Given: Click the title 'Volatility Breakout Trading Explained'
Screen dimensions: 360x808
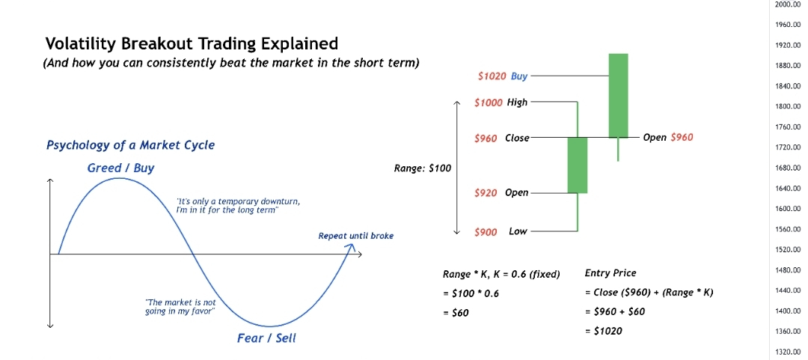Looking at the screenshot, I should coord(192,43).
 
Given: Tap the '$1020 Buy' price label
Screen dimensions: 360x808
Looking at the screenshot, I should coord(503,76).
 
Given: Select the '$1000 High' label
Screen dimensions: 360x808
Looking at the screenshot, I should coord(501,102).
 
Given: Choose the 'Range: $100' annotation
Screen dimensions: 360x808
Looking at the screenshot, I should coord(422,168).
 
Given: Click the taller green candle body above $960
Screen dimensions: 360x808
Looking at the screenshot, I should coord(618,95).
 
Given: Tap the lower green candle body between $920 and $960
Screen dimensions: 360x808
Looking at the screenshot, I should coord(577,165).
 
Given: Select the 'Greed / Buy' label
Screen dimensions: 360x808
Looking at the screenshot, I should coord(120,168).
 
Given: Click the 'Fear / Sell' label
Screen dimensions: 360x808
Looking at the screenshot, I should coord(266,338).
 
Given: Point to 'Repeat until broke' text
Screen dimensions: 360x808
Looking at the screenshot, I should coord(355,237).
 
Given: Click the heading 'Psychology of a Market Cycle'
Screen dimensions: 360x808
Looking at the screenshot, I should coord(130,145).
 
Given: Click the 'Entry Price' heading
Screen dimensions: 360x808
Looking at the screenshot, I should coord(610,273).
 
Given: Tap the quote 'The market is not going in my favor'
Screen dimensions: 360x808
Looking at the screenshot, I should coord(180,307).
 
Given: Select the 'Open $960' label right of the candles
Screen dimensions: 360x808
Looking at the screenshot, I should coord(668,138).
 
